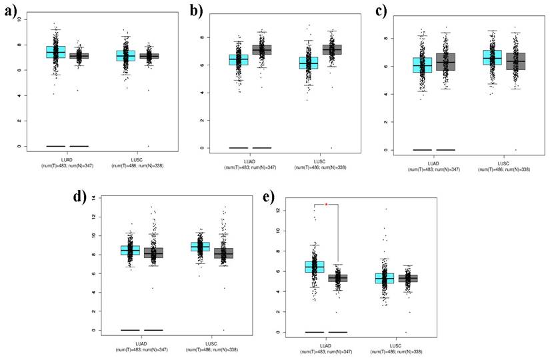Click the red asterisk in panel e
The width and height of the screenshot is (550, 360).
coord(326,205)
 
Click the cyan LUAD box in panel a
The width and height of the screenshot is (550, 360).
coord(55,51)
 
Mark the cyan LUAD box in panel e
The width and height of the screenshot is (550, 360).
coord(314,267)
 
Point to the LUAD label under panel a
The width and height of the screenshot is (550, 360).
coord(67,157)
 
